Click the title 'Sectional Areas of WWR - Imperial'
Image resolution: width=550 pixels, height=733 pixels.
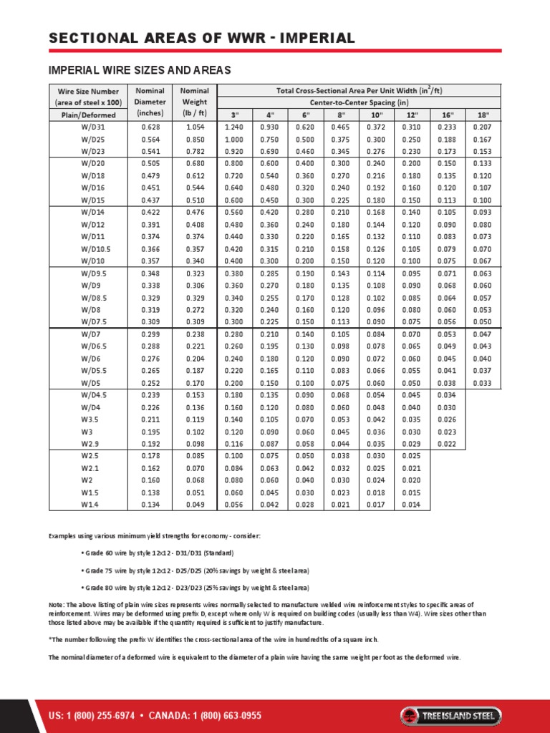pos(201,38)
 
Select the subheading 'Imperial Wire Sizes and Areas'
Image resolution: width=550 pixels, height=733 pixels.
pos(139,70)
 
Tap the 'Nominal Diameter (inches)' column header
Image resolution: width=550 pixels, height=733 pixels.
pos(149,102)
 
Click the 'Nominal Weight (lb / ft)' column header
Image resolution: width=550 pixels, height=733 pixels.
pos(194,102)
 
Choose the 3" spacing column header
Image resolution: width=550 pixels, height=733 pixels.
pos(233,115)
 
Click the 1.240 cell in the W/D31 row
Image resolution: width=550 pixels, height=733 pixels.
pos(233,127)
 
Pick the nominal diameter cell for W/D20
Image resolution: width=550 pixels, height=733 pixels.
pos(149,162)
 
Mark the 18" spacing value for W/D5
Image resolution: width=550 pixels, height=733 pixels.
pos(483,383)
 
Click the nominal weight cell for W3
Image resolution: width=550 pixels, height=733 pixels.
pos(194,432)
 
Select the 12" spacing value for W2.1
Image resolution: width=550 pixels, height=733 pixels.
pos(410,467)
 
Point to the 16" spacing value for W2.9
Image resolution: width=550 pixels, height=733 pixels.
pos(448,444)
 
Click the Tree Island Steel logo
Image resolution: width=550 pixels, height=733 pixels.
pos(450,696)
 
